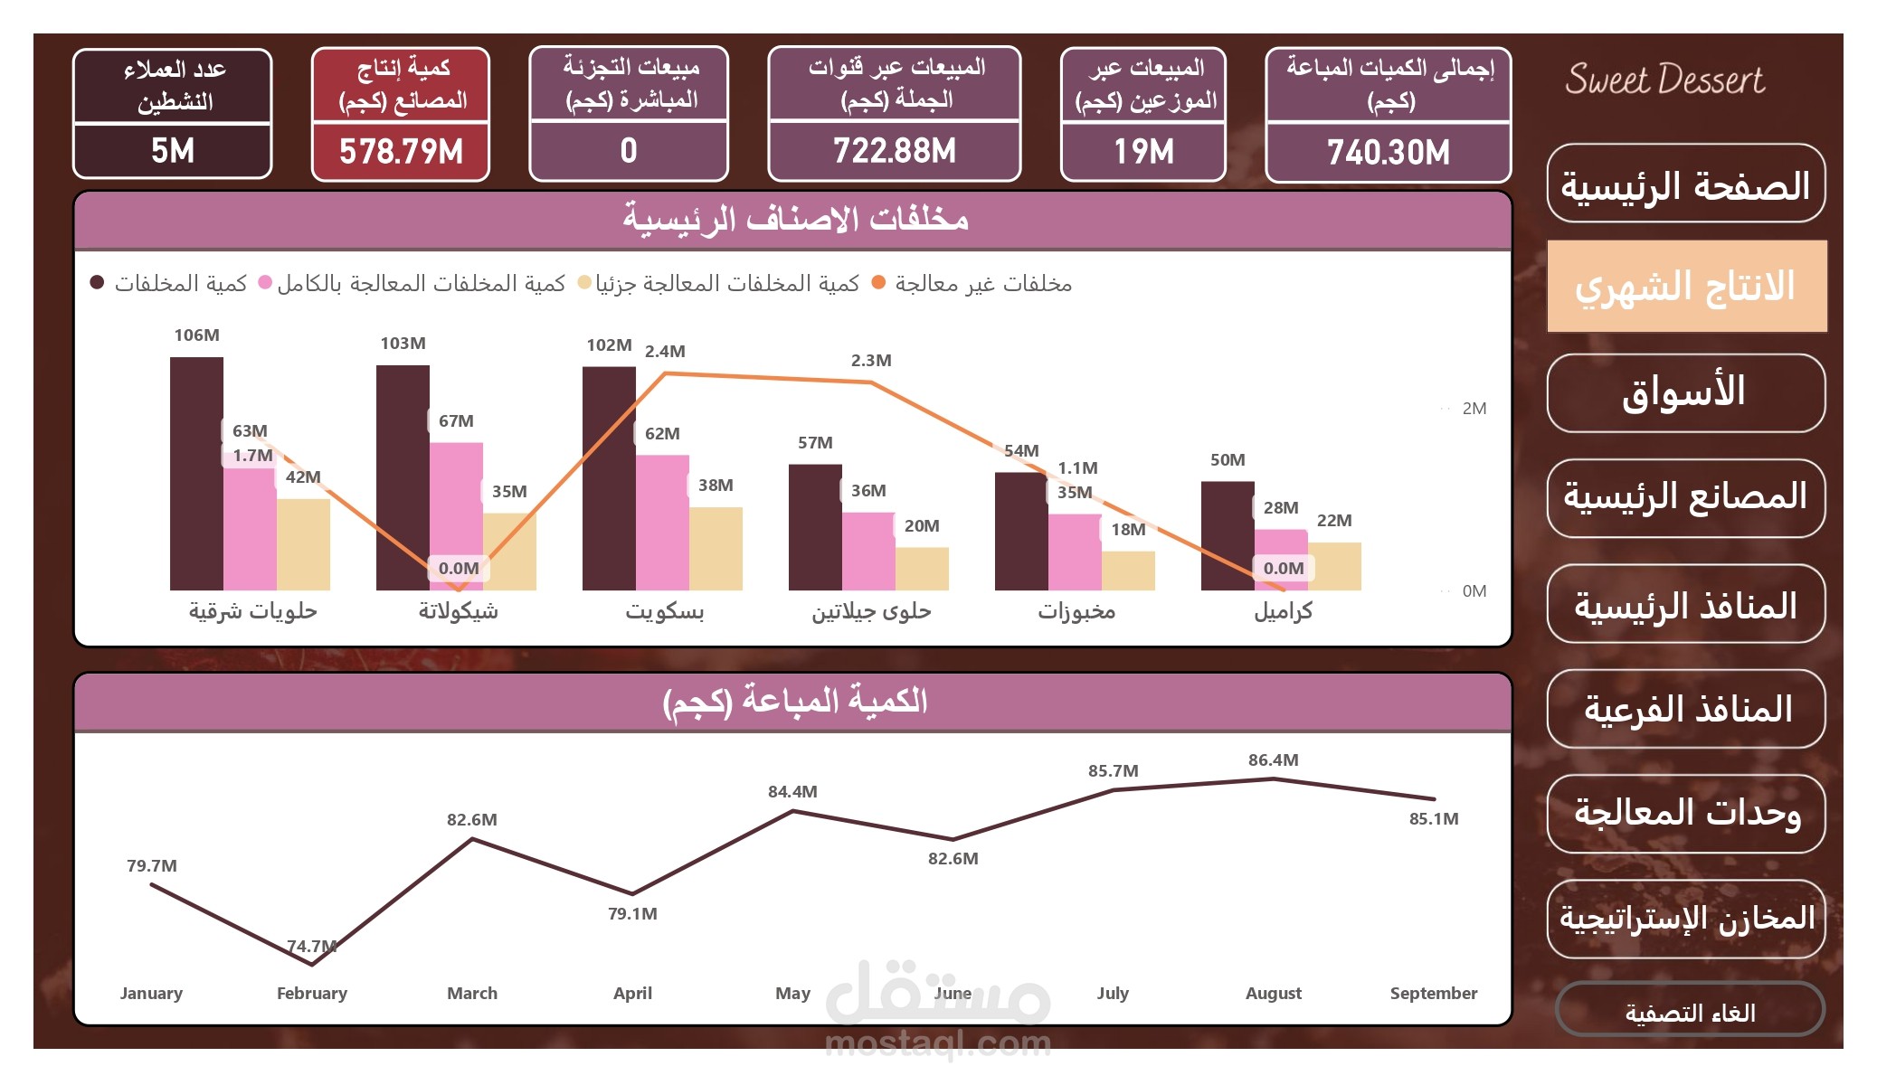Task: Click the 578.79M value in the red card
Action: click(401, 152)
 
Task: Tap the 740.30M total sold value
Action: click(1388, 152)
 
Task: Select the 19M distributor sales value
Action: click(1143, 152)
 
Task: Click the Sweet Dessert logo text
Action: click(1664, 80)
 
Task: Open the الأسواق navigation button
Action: click(1685, 392)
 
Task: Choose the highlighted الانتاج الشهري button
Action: click(1686, 287)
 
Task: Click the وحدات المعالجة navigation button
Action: click(1686, 813)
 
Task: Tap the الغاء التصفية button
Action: click(1689, 1012)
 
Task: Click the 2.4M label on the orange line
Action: click(665, 352)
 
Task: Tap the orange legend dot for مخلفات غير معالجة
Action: click(877, 283)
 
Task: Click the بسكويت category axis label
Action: click(664, 612)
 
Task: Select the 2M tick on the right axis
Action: click(1474, 409)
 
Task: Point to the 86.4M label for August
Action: click(1273, 760)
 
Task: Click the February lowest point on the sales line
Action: click(312, 964)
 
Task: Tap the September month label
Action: click(1433, 993)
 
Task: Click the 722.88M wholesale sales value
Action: click(894, 152)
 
